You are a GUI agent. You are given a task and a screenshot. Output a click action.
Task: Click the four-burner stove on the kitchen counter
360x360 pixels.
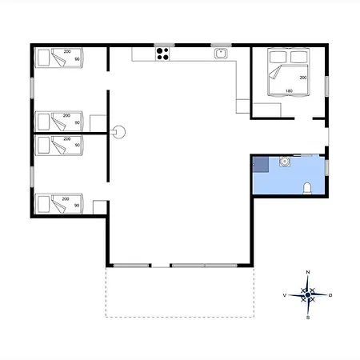point(163,54)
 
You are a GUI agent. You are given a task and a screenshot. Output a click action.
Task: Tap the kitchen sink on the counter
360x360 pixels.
point(221,54)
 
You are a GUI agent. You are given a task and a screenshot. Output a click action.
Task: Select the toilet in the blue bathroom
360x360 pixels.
point(308,189)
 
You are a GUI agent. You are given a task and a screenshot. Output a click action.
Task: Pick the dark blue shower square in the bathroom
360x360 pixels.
point(260,165)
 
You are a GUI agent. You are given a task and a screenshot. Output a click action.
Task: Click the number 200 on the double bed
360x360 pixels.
point(303,78)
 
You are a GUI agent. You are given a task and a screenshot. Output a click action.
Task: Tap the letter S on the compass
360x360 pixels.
point(308,317)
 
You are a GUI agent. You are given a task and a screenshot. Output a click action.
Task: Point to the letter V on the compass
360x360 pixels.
point(286,295)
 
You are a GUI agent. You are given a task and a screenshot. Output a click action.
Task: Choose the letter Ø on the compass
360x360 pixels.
point(330,295)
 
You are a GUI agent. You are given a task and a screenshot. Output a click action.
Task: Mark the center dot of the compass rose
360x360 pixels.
point(308,295)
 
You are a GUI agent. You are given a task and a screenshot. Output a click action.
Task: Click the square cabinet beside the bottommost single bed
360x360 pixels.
point(99,207)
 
